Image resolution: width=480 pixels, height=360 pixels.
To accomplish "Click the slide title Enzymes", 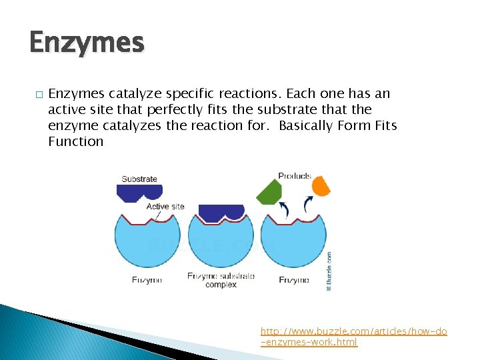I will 87,43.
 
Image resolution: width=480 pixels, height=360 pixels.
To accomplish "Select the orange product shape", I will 321,185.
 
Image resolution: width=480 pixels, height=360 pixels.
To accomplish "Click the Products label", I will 294,176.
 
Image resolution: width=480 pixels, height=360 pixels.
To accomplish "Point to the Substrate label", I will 139,179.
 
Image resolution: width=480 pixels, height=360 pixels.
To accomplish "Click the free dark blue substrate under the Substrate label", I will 139,192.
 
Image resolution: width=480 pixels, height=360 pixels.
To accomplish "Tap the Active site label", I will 165,207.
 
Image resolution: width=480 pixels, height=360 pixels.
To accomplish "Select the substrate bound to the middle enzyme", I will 221,212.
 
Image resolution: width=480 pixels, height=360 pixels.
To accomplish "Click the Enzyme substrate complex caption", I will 221,280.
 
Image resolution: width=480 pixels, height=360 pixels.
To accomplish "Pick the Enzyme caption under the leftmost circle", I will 147,280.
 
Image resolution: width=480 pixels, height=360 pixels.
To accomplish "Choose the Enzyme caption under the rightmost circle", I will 294,280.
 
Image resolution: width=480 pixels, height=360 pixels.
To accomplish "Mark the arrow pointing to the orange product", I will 307,204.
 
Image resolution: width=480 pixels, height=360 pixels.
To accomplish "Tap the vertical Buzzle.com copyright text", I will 329,271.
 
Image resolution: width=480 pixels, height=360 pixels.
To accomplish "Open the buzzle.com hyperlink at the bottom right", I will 353,337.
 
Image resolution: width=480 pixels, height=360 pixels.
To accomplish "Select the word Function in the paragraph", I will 75,141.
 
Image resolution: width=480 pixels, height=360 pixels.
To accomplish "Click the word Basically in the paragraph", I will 307,125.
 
